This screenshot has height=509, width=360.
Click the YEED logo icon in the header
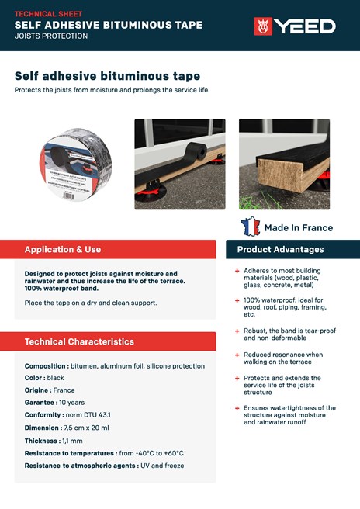coord(263,26)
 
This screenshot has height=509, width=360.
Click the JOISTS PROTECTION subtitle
coord(51,36)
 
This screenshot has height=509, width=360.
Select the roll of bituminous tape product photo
coord(74,164)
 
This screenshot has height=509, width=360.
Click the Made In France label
coord(299,227)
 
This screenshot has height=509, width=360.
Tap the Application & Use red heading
coord(63,250)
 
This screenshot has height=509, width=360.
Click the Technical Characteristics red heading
coord(79,341)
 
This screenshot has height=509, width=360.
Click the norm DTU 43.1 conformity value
coord(90,415)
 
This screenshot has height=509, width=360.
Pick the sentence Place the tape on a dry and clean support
coord(91,302)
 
